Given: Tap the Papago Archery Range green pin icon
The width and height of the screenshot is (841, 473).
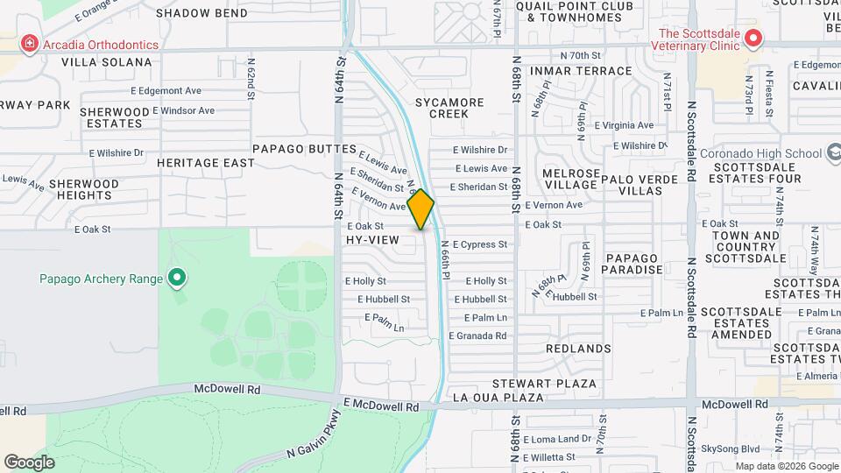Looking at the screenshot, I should pos(177,279).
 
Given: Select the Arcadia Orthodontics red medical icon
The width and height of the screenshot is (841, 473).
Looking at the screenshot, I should pos(30,44).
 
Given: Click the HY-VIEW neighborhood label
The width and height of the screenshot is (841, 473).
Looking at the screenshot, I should pos(372,239).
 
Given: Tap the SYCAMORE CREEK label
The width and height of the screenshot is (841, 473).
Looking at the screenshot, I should pos(449,108).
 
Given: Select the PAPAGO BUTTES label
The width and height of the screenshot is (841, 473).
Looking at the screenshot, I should pos(305,150).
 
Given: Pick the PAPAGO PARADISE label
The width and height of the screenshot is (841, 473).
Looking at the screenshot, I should pos(631,264).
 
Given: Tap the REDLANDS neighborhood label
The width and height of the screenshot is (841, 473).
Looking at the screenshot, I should pos(578,349).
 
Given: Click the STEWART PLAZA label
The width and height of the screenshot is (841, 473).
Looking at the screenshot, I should pos(544,384).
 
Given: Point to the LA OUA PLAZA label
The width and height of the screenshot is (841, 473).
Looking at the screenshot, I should pos(498,398).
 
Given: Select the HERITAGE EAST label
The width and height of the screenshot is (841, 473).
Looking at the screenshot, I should pos(206,163).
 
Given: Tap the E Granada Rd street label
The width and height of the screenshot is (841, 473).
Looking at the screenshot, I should pos(477,335).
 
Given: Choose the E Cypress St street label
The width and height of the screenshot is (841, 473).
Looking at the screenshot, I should pos(479,244).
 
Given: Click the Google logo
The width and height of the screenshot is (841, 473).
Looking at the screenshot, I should pos(29,462).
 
